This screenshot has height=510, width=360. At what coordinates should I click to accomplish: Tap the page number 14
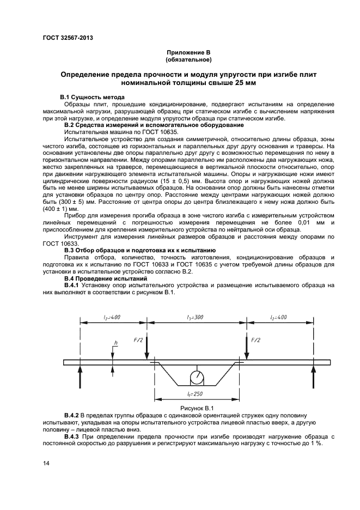pyautogui.click(x=47, y=463)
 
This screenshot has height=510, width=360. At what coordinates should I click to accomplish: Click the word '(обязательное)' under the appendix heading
pyautogui.click(x=188, y=59)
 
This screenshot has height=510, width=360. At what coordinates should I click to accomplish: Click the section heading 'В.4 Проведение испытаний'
pyautogui.click(x=99, y=278)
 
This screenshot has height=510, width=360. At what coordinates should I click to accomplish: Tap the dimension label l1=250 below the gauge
pyautogui.click(x=196, y=393)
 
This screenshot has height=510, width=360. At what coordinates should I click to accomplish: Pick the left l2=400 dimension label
pyautogui.click(x=112, y=317)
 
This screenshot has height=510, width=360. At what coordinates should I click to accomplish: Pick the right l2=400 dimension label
pyautogui.click(x=278, y=317)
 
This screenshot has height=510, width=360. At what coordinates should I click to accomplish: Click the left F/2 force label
pyautogui.click(x=138, y=340)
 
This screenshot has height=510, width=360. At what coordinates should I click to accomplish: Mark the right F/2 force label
pyautogui.click(x=255, y=340)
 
